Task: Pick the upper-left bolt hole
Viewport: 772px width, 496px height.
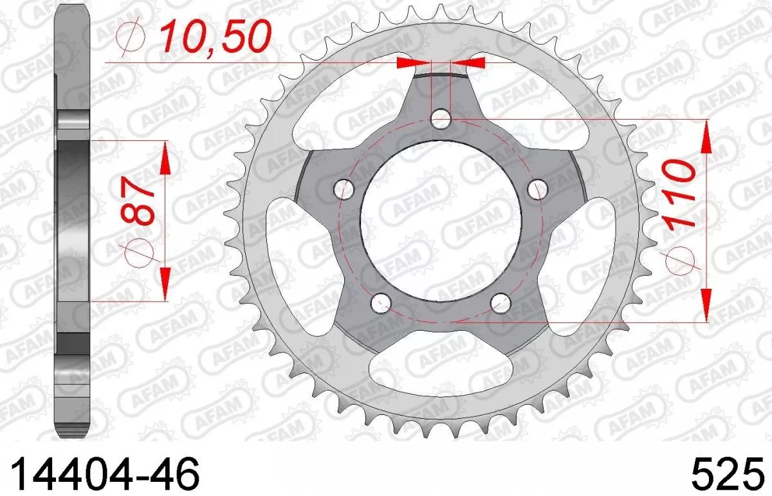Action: click(345, 188)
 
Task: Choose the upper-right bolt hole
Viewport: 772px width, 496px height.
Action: click(537, 188)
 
